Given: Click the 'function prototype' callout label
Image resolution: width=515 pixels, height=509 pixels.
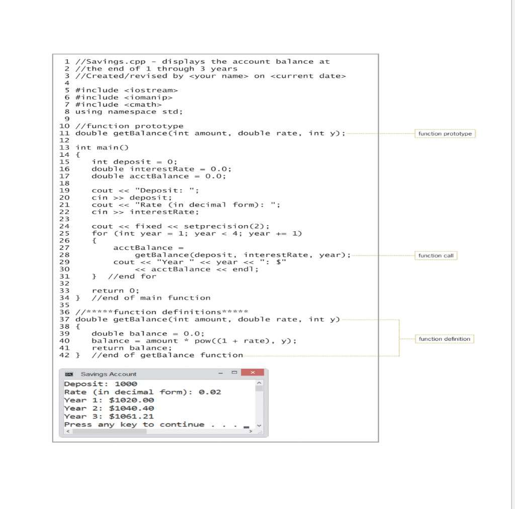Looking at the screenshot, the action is [445, 134].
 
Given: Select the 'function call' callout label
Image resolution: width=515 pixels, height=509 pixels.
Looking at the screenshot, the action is [436, 256].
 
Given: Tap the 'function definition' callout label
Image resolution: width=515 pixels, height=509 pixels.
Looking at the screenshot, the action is [444, 339].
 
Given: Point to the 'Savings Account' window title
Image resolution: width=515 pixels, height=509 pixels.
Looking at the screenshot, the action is [109, 374].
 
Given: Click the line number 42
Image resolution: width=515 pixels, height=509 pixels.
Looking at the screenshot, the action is [64, 355].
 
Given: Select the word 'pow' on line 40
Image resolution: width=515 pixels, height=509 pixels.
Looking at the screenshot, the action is [203, 341].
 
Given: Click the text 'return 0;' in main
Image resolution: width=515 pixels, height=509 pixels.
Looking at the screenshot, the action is [116, 291].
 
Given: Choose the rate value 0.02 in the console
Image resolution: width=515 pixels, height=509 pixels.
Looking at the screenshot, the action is [208, 392].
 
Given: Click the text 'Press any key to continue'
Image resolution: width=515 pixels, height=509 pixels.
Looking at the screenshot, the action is [134, 425].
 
